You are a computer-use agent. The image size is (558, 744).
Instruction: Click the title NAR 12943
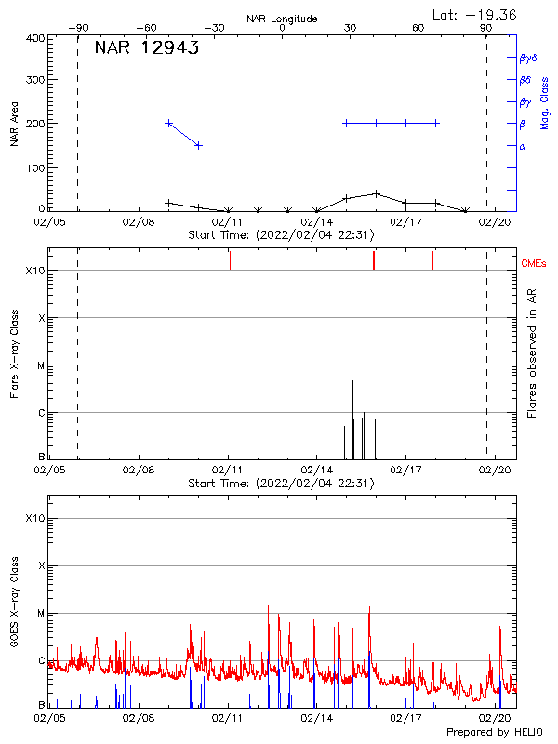147,48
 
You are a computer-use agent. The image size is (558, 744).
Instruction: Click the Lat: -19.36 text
475,14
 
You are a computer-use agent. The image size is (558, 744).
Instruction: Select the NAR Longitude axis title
282,19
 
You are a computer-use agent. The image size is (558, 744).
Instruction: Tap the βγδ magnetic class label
531,58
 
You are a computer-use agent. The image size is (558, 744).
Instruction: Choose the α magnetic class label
523,146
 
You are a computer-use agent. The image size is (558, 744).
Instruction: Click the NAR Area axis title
14,123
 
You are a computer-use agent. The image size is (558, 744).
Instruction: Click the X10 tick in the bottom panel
34,518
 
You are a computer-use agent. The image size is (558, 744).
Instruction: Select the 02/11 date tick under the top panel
228,223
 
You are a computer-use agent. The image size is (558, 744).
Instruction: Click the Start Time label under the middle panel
281,484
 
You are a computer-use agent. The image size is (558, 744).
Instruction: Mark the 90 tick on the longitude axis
486,29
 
